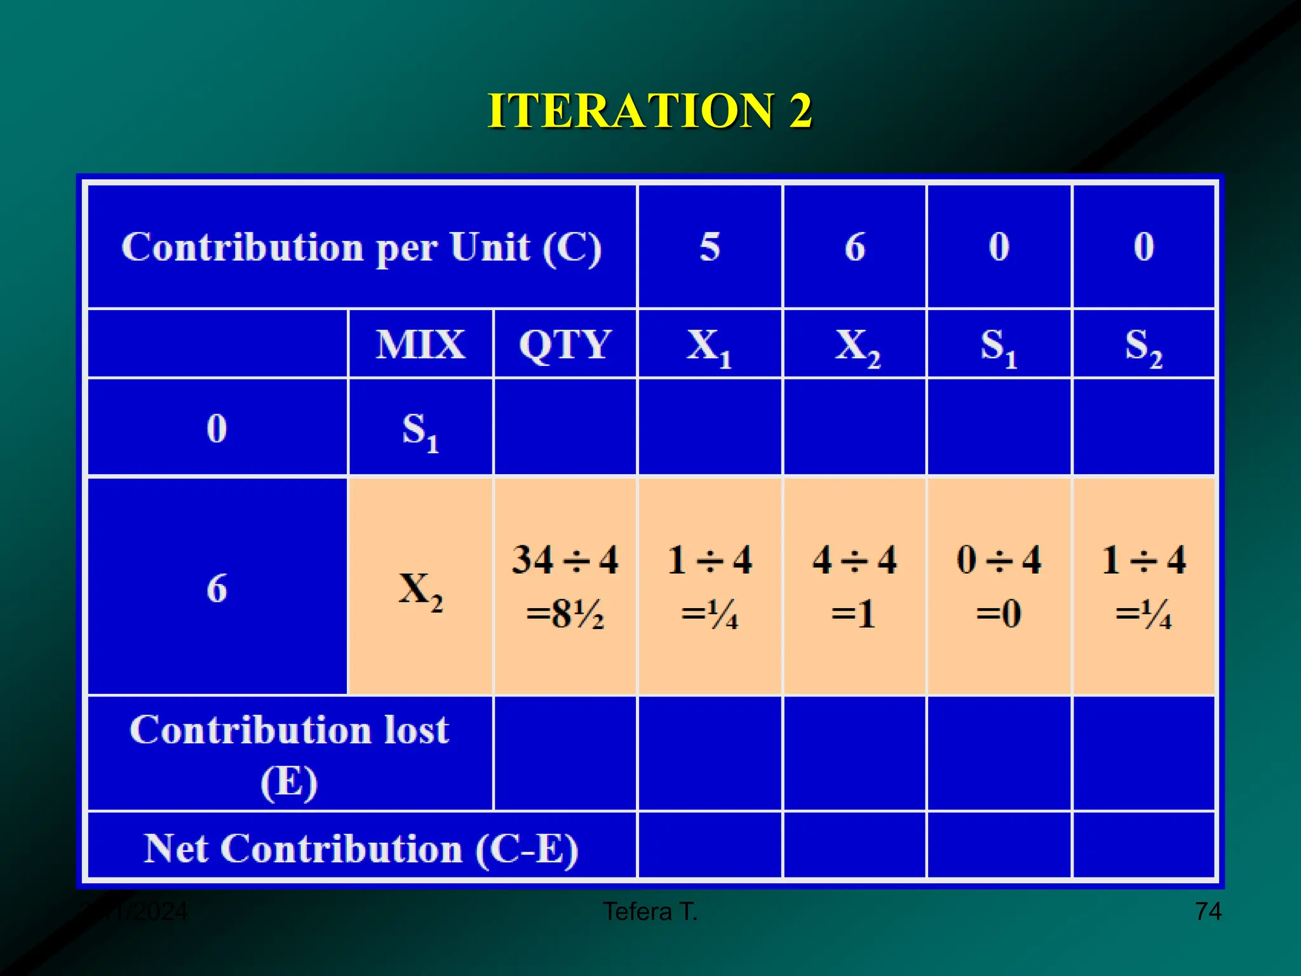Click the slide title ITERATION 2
click(x=649, y=111)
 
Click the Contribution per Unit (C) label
click(x=361, y=247)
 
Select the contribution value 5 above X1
click(x=710, y=247)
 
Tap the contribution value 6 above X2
click(x=854, y=247)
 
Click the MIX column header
click(x=420, y=344)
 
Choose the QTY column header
click(x=565, y=344)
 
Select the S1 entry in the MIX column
click(x=421, y=430)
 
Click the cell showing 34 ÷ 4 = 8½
click(x=565, y=586)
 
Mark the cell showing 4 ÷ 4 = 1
click(x=854, y=586)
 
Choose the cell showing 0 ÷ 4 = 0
click(x=999, y=586)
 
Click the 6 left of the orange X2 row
click(x=217, y=588)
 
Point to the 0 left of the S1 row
click(x=217, y=428)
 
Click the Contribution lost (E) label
click(x=290, y=754)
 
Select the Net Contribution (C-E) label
click(x=361, y=848)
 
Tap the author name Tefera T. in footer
click(x=650, y=912)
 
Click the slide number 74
click(x=1208, y=912)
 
